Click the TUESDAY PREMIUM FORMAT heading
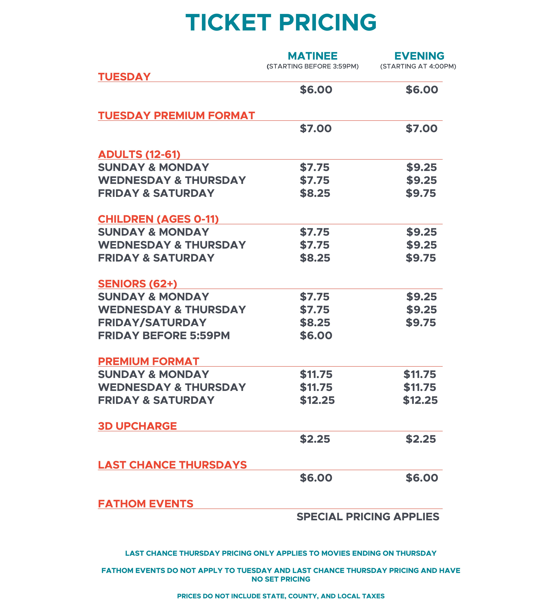tap(176, 116)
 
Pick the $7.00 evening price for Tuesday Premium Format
tap(422, 129)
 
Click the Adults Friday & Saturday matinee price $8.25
tap(315, 193)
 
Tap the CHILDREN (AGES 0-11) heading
tap(158, 219)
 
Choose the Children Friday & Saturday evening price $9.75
tap(421, 258)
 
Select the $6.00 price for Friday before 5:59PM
tap(316, 335)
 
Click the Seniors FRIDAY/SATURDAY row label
tap(152, 323)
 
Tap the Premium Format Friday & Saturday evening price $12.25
tap(420, 400)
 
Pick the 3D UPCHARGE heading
tap(137, 426)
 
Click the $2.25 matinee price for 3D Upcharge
tap(315, 439)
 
